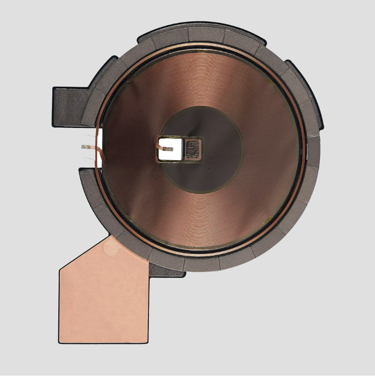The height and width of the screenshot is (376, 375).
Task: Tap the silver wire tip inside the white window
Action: coord(168,149)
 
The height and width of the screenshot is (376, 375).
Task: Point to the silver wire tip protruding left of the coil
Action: coord(84,147)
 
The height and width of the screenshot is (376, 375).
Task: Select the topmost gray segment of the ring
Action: coord(205,34)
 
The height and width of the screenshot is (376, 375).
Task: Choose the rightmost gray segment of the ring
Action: coord(313,152)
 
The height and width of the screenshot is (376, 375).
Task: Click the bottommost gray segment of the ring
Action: coord(201,265)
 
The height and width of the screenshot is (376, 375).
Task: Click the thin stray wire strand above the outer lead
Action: coord(90,136)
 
